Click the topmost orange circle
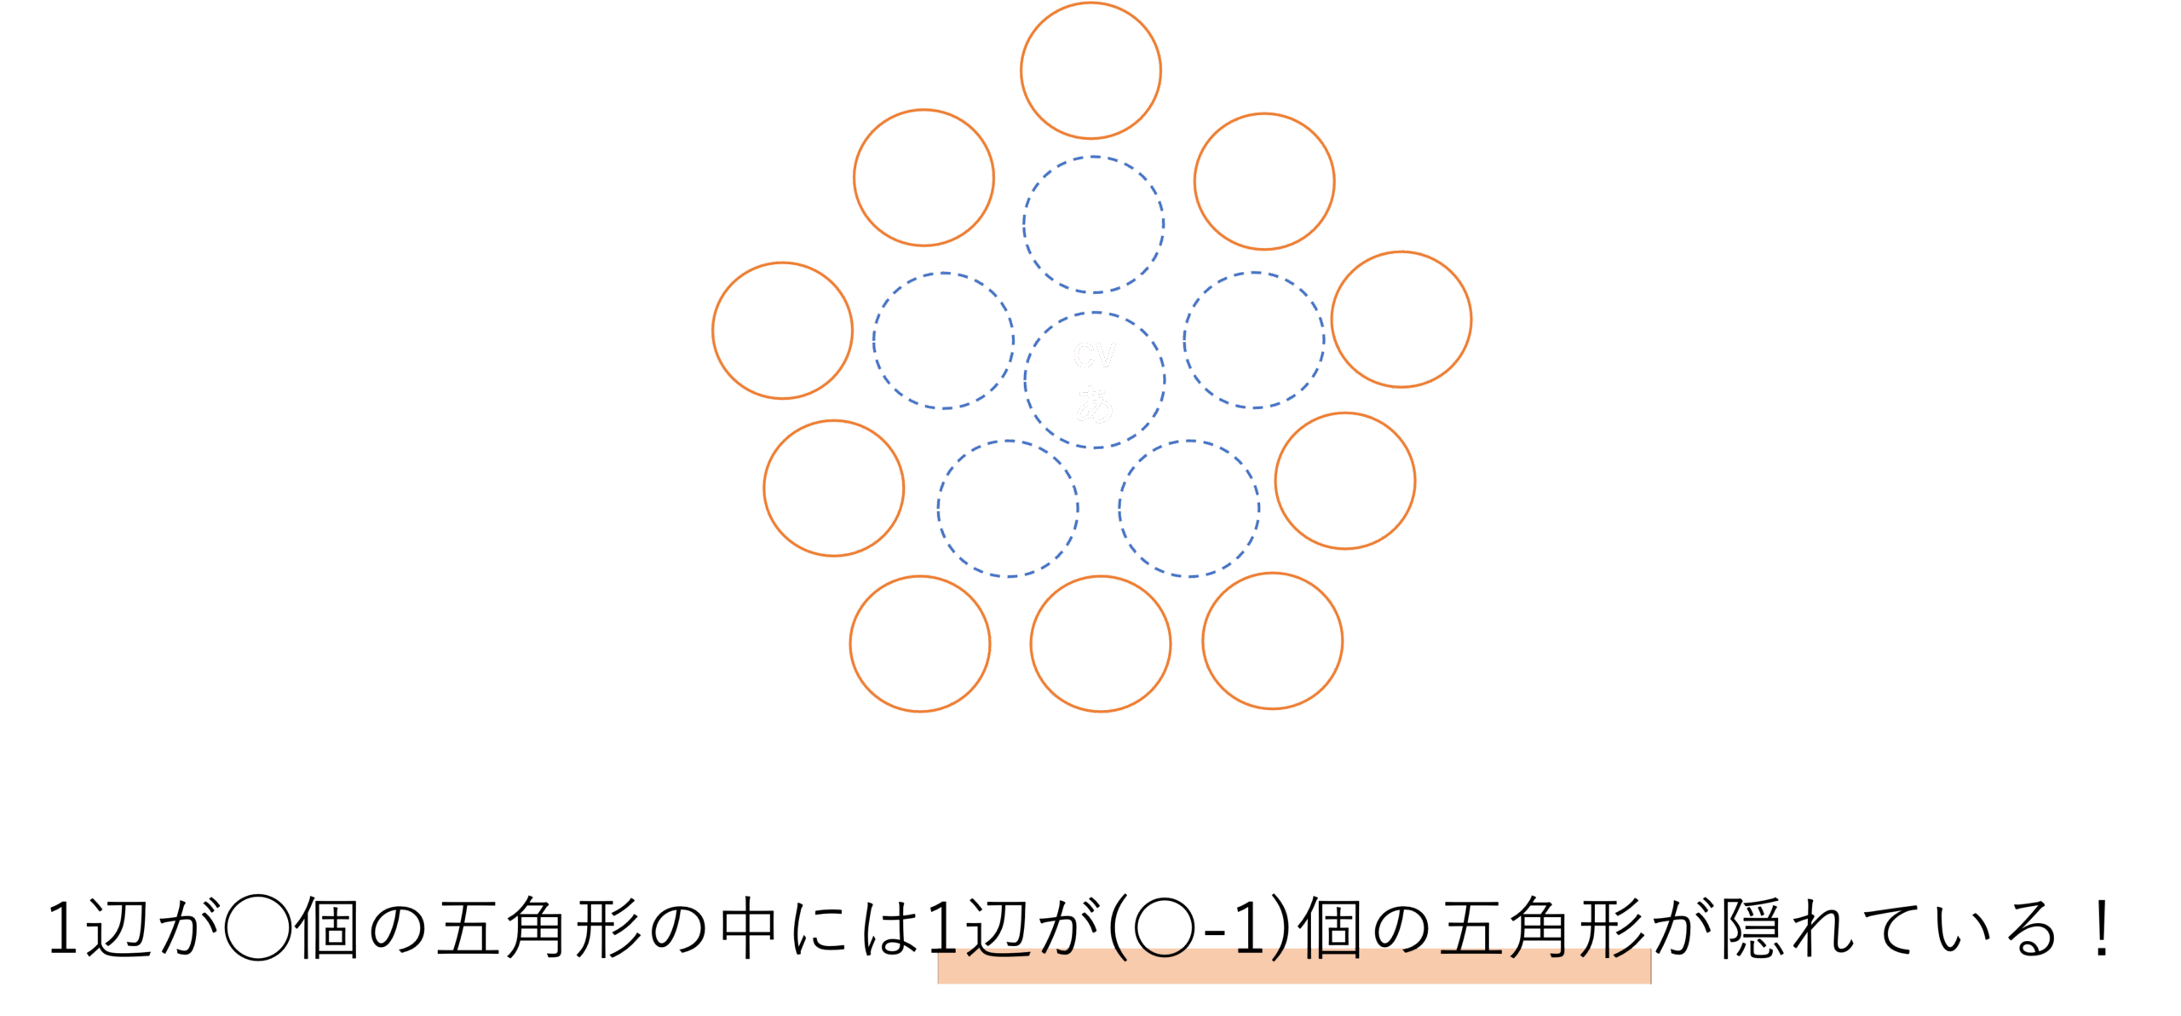click(x=1090, y=71)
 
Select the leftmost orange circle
click(x=783, y=331)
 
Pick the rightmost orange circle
click(x=1401, y=320)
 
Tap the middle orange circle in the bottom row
click(x=1101, y=644)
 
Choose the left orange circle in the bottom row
click(x=920, y=644)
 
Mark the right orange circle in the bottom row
click(x=1273, y=641)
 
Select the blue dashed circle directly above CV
click(x=1094, y=224)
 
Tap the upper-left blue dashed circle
click(x=943, y=341)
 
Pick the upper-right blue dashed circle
click(x=1254, y=341)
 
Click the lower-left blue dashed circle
click(x=1009, y=509)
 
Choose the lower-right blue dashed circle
click(x=1189, y=509)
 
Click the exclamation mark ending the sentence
click(x=2103, y=927)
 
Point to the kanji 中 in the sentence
click(x=749, y=927)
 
